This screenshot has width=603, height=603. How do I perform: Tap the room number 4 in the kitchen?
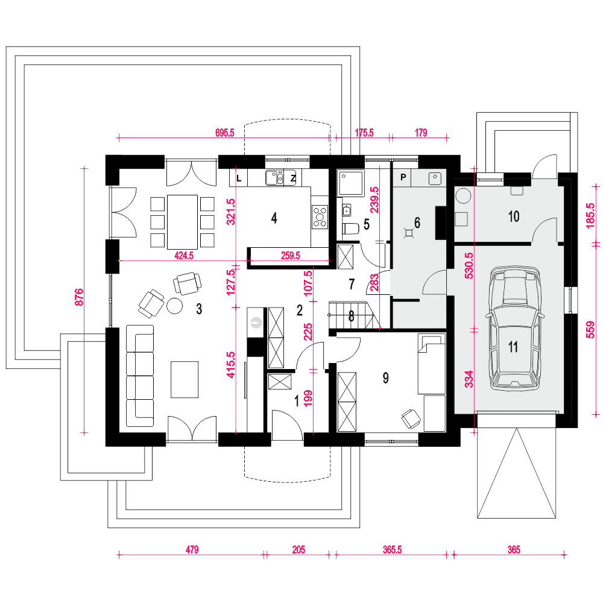pyautogui.click(x=274, y=218)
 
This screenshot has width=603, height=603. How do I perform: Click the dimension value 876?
pyautogui.click(x=78, y=298)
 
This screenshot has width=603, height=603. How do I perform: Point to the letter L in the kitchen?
pyautogui.click(x=239, y=178)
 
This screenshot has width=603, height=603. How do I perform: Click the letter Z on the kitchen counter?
pyautogui.click(x=293, y=178)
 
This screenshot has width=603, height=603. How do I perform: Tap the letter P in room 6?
pyautogui.click(x=402, y=178)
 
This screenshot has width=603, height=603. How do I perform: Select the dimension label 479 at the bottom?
pyautogui.click(x=192, y=549)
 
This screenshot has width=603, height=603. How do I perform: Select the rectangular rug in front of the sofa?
pyautogui.click(x=185, y=379)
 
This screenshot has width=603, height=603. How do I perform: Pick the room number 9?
pyautogui.click(x=385, y=377)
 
